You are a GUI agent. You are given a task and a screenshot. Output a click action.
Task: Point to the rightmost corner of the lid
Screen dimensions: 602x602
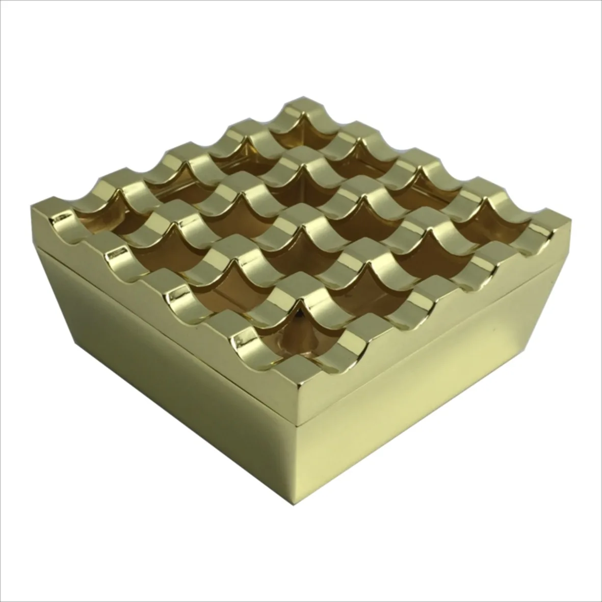(570, 220)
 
